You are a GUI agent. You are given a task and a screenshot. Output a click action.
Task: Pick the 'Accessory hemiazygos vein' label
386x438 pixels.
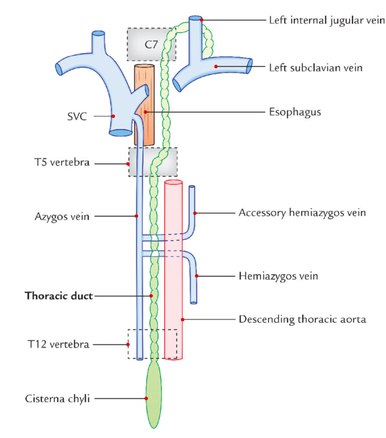pos(302,213)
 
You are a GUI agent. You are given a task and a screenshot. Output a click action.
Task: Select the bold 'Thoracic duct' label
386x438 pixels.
pos(59,296)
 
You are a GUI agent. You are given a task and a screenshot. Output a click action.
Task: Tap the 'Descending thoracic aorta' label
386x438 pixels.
pos(302,319)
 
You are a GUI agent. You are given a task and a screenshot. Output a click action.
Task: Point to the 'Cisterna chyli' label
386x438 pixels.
pos(57,398)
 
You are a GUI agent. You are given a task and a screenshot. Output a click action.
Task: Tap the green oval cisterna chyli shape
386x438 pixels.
pos(154,397)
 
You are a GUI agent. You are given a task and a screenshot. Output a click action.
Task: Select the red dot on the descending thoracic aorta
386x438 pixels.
pos(183,319)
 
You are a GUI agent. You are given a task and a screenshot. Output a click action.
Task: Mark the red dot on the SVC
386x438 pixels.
pos(114,116)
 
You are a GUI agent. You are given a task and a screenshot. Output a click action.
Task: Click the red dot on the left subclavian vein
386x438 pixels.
pos(215,66)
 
